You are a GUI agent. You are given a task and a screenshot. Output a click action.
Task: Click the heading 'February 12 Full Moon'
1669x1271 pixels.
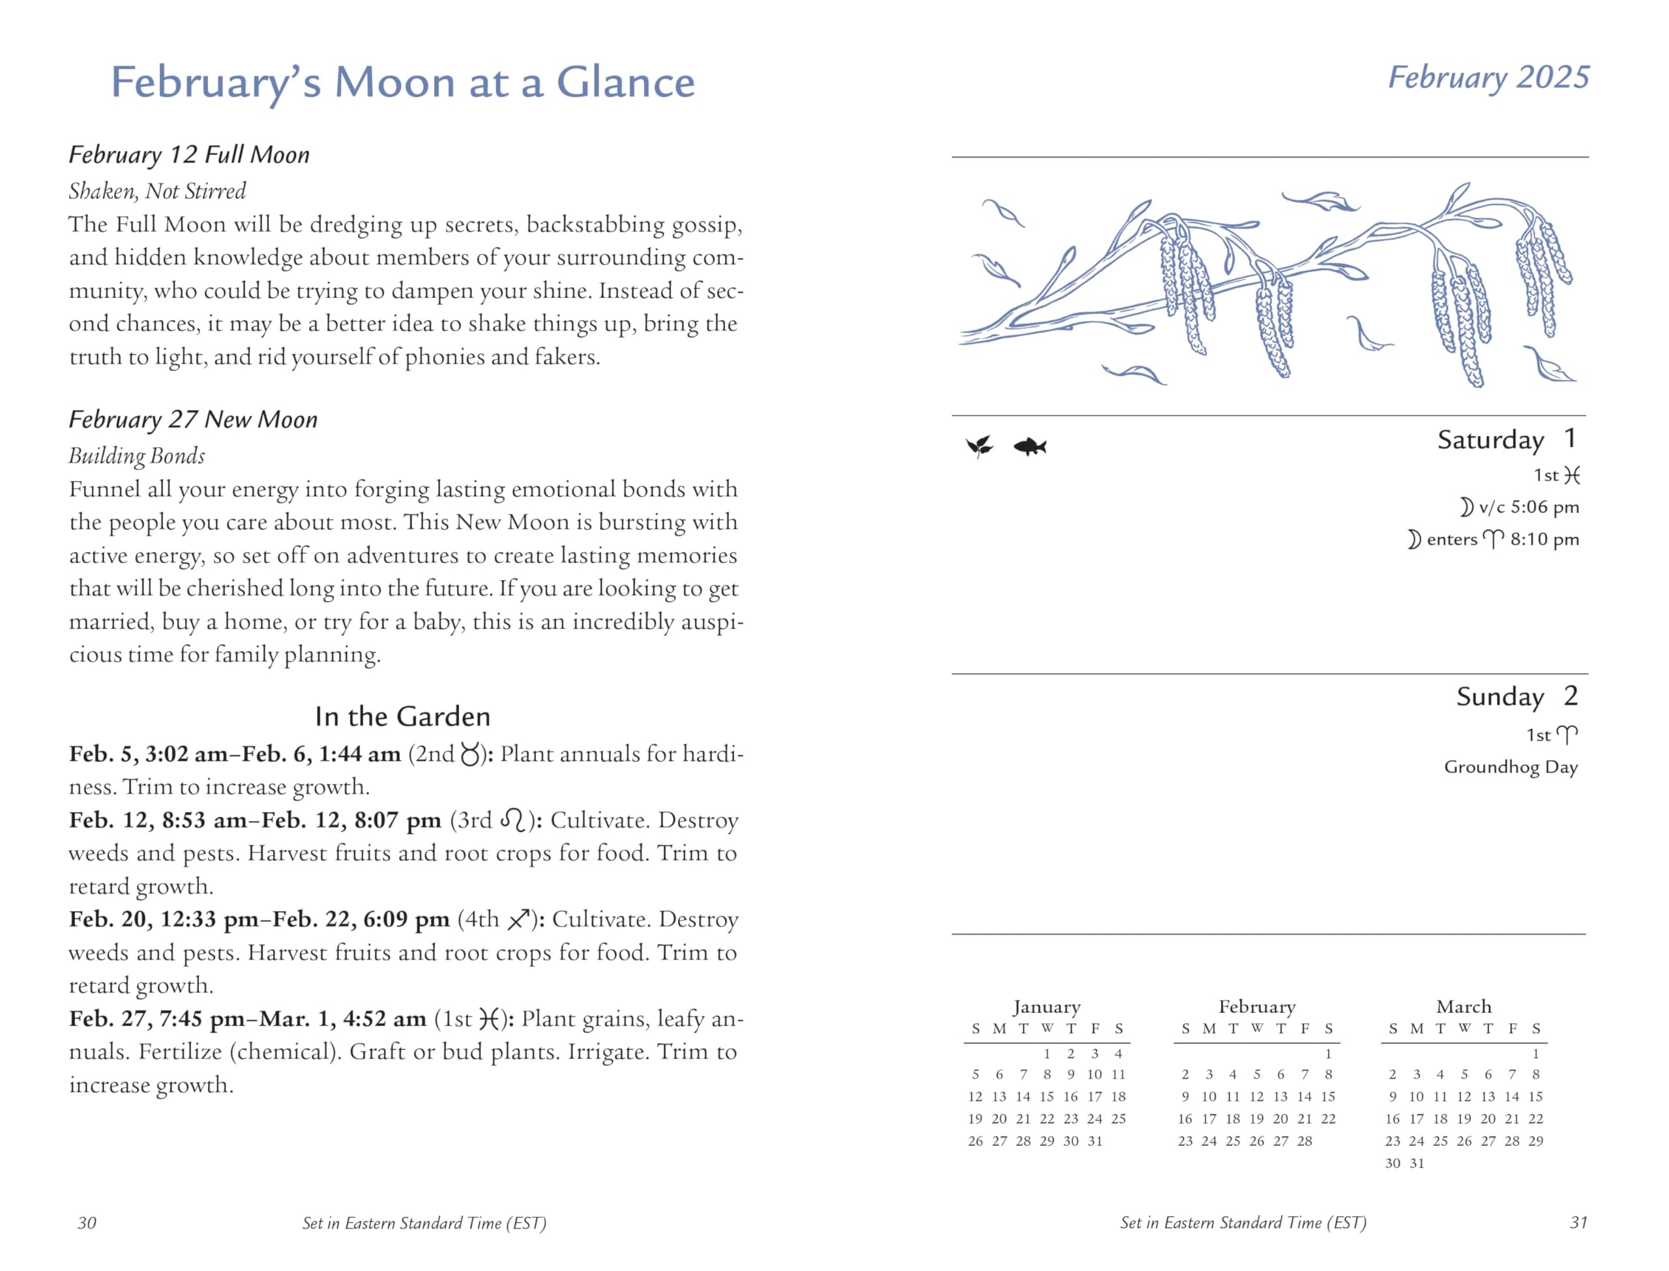pyautogui.click(x=189, y=155)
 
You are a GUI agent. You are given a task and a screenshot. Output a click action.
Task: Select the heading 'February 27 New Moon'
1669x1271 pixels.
pyautogui.click(x=193, y=420)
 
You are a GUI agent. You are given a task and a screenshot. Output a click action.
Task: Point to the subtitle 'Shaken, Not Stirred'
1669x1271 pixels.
pyautogui.click(x=157, y=192)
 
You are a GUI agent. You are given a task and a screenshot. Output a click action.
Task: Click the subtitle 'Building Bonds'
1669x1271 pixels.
pyautogui.click(x=137, y=456)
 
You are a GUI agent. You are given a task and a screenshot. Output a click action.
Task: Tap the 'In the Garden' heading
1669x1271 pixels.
pyautogui.click(x=402, y=716)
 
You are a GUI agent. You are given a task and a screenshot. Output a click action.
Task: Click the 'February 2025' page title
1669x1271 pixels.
pyautogui.click(x=1488, y=78)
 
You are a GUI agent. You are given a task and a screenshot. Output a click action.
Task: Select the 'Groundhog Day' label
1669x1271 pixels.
pyautogui.click(x=1510, y=767)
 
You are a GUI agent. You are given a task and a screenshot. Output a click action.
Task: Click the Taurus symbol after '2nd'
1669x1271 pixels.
pyautogui.click(x=470, y=755)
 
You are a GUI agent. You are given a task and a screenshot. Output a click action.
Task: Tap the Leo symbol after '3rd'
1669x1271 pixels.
pyautogui.click(x=513, y=821)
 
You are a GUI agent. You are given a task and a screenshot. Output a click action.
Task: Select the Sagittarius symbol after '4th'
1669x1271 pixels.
pyautogui.click(x=518, y=920)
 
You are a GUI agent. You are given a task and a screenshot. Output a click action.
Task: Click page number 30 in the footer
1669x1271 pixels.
pyautogui.click(x=87, y=1223)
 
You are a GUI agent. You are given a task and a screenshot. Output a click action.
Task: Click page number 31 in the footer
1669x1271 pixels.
pyautogui.click(x=1578, y=1223)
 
